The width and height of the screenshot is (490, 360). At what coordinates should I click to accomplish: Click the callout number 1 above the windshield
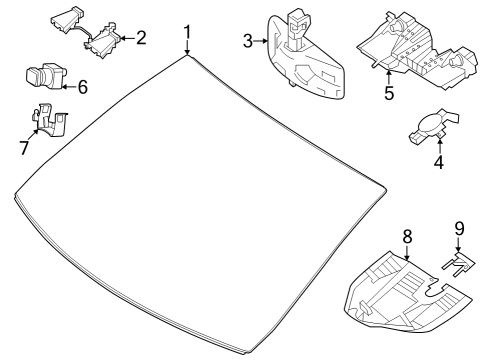(188, 32)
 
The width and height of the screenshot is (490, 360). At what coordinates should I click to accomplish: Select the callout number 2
(141, 38)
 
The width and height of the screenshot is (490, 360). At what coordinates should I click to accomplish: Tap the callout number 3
(248, 41)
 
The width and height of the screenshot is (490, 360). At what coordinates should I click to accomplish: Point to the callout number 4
(439, 162)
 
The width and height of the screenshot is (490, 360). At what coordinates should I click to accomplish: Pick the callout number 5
(389, 93)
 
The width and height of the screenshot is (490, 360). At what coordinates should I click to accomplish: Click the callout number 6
(82, 87)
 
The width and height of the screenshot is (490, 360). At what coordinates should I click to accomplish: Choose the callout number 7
(24, 148)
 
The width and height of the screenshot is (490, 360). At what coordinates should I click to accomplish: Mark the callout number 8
(407, 237)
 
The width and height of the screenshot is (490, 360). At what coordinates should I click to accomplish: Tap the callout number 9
(459, 229)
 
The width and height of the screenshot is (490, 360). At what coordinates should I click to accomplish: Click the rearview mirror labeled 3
(305, 57)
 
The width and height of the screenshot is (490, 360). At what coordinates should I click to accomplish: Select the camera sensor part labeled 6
(46, 76)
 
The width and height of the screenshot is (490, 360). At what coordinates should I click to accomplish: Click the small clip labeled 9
(458, 264)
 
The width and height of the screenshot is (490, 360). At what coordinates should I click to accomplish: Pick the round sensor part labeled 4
(433, 127)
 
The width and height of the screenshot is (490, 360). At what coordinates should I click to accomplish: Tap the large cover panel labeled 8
(407, 293)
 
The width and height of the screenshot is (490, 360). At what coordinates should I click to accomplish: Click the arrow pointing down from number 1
(188, 48)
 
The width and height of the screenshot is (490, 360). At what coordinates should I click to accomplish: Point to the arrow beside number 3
(261, 41)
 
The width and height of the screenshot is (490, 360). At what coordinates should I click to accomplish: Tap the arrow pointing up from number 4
(440, 147)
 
